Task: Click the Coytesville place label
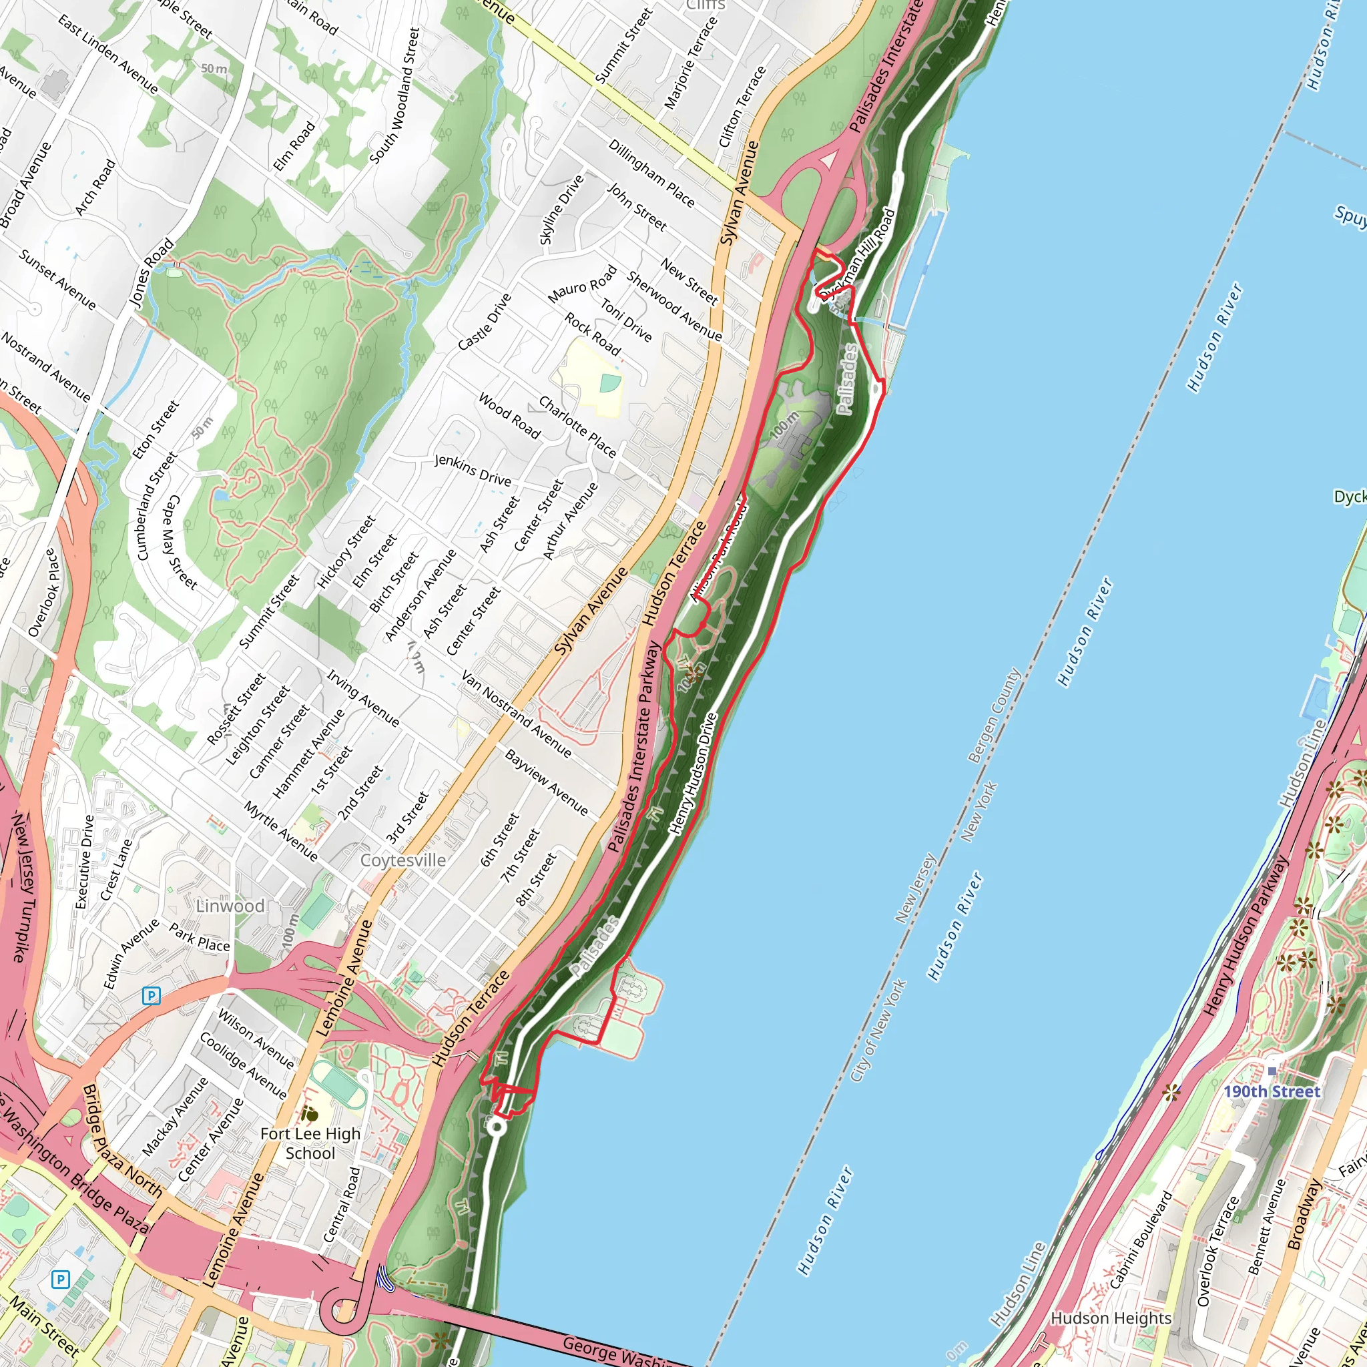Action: [x=402, y=860]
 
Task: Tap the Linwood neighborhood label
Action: [x=230, y=906]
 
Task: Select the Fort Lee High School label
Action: [x=310, y=1143]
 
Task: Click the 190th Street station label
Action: [x=1272, y=1092]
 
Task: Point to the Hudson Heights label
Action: [x=1111, y=1318]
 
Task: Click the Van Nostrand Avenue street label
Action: [x=516, y=715]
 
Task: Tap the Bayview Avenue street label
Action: [x=545, y=782]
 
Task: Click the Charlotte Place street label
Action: [x=577, y=427]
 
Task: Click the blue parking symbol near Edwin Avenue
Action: [x=151, y=997]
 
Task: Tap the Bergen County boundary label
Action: [x=993, y=716]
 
